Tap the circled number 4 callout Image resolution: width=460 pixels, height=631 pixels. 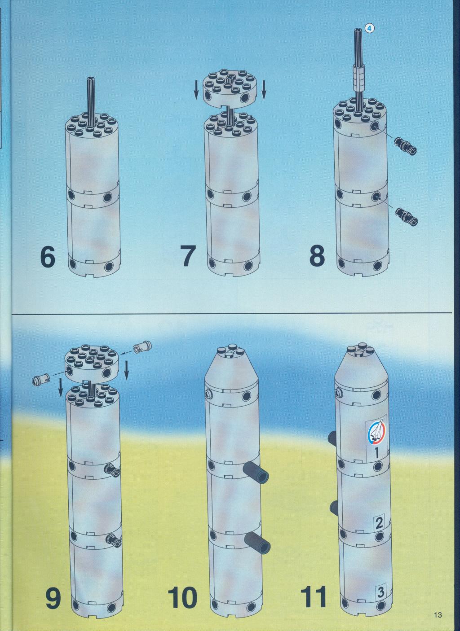[370, 28]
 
